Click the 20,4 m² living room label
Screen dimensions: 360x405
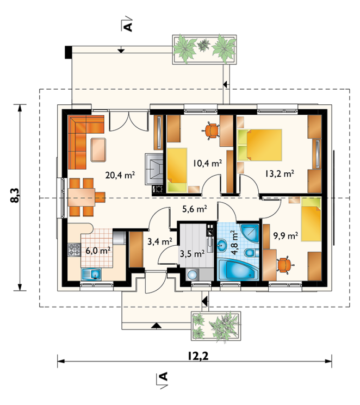(x=120, y=175)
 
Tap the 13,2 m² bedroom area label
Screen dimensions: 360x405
(x=280, y=173)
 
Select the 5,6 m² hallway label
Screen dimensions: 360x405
(x=195, y=209)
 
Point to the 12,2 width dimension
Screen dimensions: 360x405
(x=198, y=356)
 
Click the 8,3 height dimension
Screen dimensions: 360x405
(x=15, y=195)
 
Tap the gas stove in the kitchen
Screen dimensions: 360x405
(x=74, y=250)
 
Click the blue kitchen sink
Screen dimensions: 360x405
(x=91, y=275)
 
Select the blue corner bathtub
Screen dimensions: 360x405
(x=238, y=270)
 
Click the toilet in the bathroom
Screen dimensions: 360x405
(x=251, y=253)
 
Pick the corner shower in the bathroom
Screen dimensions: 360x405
(x=250, y=233)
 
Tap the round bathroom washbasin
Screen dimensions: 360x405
(x=222, y=244)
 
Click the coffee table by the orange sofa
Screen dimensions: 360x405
(x=98, y=150)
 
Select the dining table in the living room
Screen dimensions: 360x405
(x=81, y=197)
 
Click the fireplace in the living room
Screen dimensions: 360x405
(x=154, y=169)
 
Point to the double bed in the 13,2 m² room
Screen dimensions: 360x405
(x=259, y=145)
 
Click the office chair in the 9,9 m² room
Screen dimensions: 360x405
(x=284, y=265)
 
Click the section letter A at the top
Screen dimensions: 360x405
(x=128, y=26)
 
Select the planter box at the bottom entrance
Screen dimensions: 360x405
(x=216, y=326)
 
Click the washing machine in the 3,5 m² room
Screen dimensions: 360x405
(x=192, y=275)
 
